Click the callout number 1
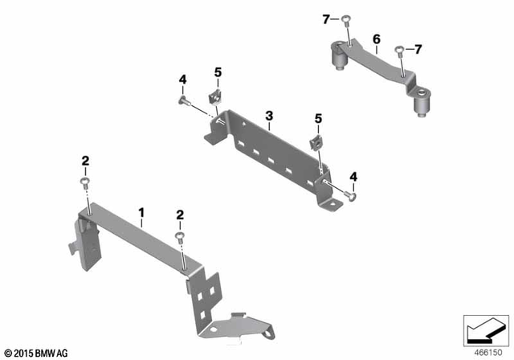pos(141,213)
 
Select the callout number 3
pos(270,117)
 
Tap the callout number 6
pos(374,38)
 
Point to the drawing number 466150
pos(485,351)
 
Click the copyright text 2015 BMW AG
pos(35,351)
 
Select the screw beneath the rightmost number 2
pos(179,237)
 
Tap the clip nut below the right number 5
pos(316,143)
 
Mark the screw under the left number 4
pos(183,101)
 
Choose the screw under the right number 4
pos(351,193)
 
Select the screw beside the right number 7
pos(398,51)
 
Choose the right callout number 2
pos(180,215)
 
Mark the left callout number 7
pos(326,18)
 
